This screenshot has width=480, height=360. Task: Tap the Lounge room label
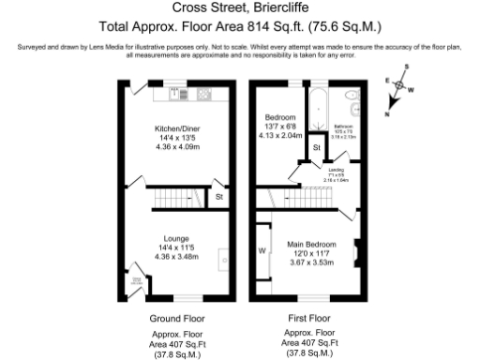(175, 238)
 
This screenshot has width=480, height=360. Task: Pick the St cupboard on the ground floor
(218, 198)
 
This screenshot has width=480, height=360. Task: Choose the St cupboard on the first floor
(317, 148)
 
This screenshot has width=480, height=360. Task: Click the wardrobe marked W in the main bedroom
(260, 250)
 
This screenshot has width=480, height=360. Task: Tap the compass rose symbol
(401, 87)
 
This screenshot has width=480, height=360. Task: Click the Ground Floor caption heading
(175, 318)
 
